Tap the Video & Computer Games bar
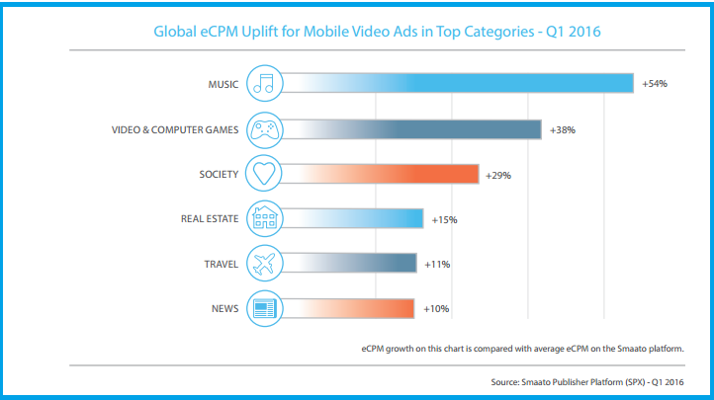[x=415, y=129]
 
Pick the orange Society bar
[x=386, y=175]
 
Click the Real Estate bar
[x=356, y=219]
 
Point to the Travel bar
[x=351, y=264]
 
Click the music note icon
[x=265, y=84]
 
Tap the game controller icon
[x=265, y=129]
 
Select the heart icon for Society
[x=265, y=175]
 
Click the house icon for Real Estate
[x=265, y=219]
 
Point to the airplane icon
[x=265, y=264]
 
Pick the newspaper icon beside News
[x=265, y=309]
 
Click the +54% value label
[x=655, y=84]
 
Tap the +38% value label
[x=563, y=129]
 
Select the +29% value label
[x=498, y=175]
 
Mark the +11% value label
[x=437, y=264]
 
